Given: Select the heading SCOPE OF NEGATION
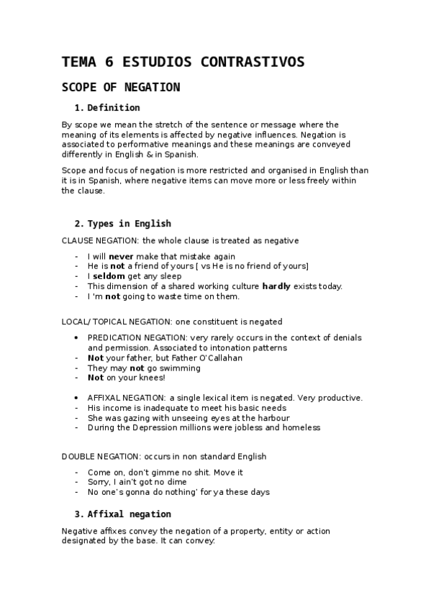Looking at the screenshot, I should [x=121, y=87].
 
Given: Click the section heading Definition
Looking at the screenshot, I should [x=113, y=108].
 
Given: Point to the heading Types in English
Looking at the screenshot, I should [x=129, y=223].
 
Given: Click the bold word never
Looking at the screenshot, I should [x=121, y=255].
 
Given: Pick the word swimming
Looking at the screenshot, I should [x=178, y=368].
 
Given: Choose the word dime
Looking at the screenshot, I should [x=176, y=482].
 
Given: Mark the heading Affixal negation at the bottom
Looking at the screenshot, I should [x=129, y=514].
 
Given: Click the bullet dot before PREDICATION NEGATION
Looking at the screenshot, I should [x=77, y=337].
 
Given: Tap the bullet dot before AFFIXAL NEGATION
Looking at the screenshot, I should [x=77, y=397].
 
